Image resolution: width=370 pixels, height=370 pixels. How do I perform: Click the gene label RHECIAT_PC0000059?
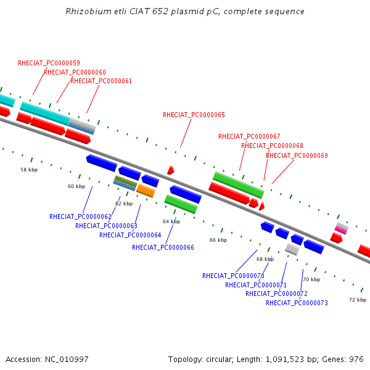tap(49, 63)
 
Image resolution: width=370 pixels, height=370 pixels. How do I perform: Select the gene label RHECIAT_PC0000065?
tap(194, 115)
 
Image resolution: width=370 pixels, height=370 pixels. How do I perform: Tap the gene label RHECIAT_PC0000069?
tap(297, 155)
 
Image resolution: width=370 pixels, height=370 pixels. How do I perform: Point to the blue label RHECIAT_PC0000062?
tap(80, 216)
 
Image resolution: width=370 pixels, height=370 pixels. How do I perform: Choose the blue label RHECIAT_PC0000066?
tap(163, 247)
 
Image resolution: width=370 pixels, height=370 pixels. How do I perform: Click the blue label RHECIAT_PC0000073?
tap(297, 303)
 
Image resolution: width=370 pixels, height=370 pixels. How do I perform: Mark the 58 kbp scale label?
tap(29, 170)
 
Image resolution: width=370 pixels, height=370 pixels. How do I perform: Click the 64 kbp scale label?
tap(171, 221)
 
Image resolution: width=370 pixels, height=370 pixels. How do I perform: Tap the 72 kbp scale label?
tap(358, 300)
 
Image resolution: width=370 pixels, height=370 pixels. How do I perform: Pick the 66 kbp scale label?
tap(218, 240)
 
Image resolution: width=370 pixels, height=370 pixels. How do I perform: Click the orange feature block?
tap(146, 191)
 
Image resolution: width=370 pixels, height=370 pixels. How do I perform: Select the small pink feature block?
tap(341, 230)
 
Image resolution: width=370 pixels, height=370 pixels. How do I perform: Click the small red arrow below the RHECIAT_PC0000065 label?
tap(171, 170)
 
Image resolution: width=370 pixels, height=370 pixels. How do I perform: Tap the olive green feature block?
tap(126, 181)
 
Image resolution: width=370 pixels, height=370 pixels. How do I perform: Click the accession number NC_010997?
tap(67, 360)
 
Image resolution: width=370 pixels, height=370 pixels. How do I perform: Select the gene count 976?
tap(356, 360)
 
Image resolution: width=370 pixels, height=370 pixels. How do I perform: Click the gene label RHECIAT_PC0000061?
tap(101, 81)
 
